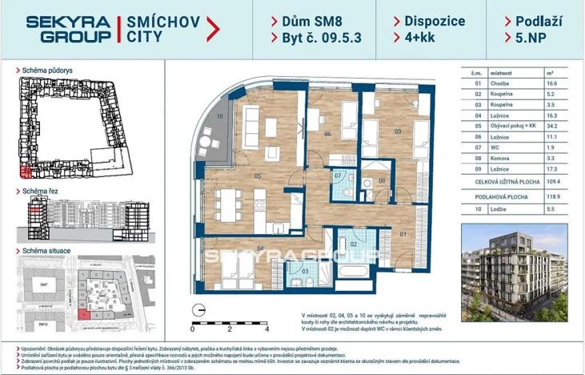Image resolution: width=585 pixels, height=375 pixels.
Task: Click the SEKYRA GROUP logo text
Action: pyautogui.click(x=68, y=29)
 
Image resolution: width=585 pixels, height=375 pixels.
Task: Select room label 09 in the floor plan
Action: pyautogui.click(x=396, y=131)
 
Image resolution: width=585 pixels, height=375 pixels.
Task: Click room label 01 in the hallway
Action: pyautogui.click(x=403, y=234)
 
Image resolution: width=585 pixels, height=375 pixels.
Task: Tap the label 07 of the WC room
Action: pyautogui.click(x=338, y=175)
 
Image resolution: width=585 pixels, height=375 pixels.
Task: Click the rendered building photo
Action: pyautogui.click(x=514, y=272)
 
